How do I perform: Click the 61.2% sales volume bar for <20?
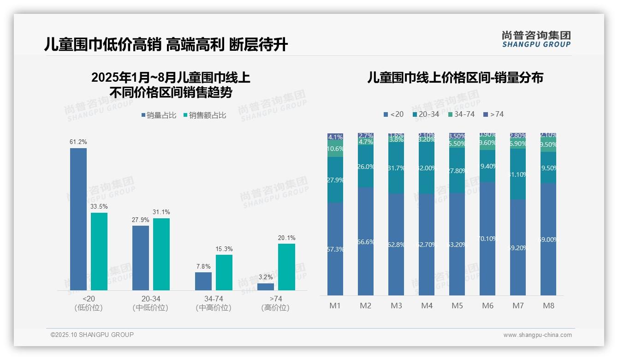[78, 219]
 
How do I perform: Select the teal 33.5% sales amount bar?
[99, 251]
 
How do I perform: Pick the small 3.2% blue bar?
[266, 287]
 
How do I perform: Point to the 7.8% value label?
[203, 266]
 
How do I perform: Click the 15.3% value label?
[224, 249]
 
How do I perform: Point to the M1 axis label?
[335, 306]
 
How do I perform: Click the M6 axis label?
[487, 306]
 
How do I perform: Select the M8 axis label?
[548, 306]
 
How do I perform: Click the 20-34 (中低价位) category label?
[150, 303]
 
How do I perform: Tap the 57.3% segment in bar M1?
[335, 249]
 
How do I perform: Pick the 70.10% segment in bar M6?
[487, 239]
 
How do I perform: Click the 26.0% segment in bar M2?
[366, 167]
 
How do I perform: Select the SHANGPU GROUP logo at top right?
[536, 39]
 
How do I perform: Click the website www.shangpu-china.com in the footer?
[537, 335]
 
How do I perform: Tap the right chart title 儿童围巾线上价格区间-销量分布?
[455, 78]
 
